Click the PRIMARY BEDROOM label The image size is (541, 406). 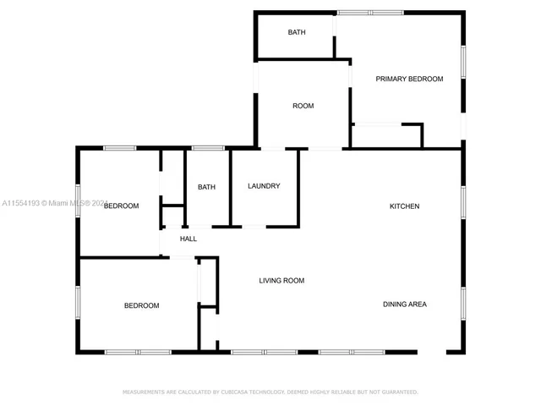coord(409,79)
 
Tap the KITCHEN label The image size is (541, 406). coord(404,206)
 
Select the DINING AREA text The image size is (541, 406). coord(404,304)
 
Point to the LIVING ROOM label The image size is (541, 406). coord(281,281)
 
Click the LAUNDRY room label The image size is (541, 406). coord(264,186)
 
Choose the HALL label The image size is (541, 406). coord(189,239)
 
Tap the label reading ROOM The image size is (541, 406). coord(303,106)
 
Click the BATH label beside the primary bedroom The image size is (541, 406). coord(296,33)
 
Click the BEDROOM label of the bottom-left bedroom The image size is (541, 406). coord(141,305)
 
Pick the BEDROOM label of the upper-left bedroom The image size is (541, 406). coord(121,206)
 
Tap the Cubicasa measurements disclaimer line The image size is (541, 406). coord(270,392)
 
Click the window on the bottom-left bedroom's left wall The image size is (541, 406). coord(79,301)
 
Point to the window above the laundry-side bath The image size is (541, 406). coord(207,149)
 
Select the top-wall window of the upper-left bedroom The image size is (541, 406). coord(119,149)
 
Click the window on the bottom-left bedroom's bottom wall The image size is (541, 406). coord(138,351)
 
